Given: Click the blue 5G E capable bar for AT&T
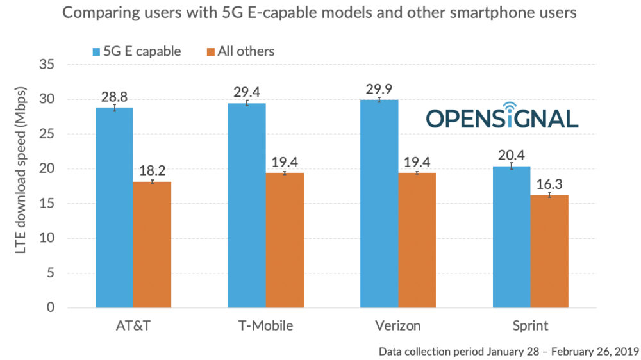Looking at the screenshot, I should point(114,208).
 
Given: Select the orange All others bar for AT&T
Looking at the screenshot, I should point(152,245).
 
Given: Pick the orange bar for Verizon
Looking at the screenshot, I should point(417,240).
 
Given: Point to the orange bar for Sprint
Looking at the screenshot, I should point(549,251).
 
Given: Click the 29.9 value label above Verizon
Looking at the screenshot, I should point(379,88).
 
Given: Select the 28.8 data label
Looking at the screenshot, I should point(114,96).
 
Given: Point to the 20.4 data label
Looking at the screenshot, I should point(511,154).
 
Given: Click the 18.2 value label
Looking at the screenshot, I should point(152,170).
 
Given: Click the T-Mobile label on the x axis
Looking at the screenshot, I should point(265,325).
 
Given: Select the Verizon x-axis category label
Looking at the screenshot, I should point(398,325).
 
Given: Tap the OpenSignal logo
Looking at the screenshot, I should point(502,117).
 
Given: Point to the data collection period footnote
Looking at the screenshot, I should point(508,351).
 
